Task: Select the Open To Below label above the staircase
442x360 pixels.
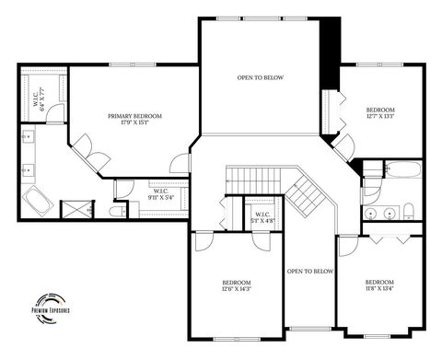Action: (x=260, y=77)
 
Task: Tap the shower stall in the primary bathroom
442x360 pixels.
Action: (x=72, y=208)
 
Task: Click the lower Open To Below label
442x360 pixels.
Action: (x=309, y=272)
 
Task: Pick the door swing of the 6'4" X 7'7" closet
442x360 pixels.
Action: (x=55, y=115)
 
